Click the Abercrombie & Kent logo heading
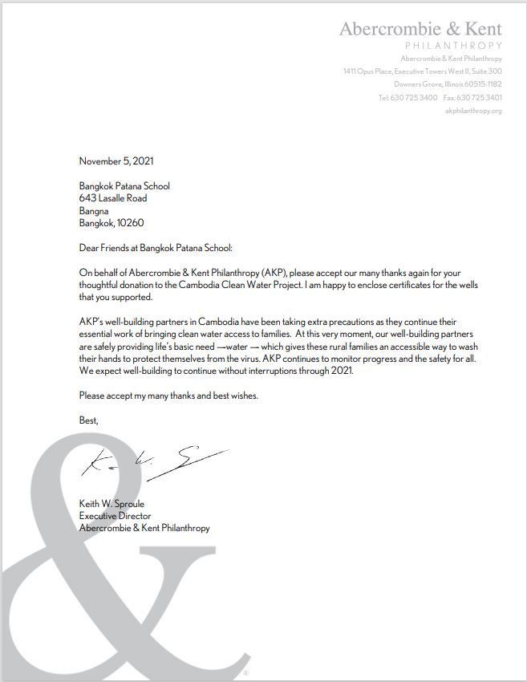(x=420, y=29)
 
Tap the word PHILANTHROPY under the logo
(x=454, y=47)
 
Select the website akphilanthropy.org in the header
(x=473, y=111)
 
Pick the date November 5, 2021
(x=116, y=161)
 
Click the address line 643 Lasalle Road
(x=113, y=198)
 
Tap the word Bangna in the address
(x=94, y=211)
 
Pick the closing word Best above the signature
(x=88, y=420)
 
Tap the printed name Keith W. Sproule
(x=111, y=504)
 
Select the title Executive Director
(x=115, y=516)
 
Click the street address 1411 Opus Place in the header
(x=374, y=72)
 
